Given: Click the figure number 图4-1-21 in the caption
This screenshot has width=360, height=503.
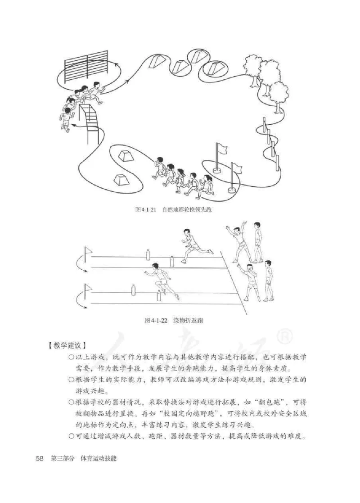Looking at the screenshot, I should pos(145,210).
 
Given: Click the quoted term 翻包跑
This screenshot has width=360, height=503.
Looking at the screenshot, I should pos(272,402).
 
